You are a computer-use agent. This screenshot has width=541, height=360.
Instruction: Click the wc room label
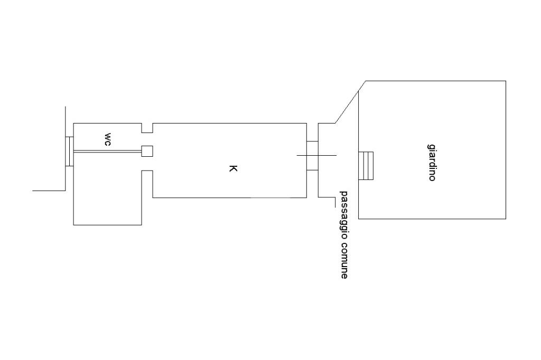(x=107, y=139)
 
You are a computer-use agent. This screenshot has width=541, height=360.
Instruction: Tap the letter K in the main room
(x=232, y=169)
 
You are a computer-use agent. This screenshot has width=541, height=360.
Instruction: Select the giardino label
(x=432, y=162)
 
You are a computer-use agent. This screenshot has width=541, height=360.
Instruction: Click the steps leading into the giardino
(x=366, y=165)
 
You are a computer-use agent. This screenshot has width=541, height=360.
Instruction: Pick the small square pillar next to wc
(x=147, y=151)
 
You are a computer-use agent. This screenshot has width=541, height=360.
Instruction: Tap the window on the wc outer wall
(x=69, y=151)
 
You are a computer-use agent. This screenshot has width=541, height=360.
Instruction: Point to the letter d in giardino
(x=432, y=164)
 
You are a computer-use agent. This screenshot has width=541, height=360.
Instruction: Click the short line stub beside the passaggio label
(x=334, y=202)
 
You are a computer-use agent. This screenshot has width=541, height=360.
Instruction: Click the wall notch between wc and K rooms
(x=147, y=128)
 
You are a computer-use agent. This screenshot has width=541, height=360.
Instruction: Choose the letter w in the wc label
(x=107, y=136)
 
